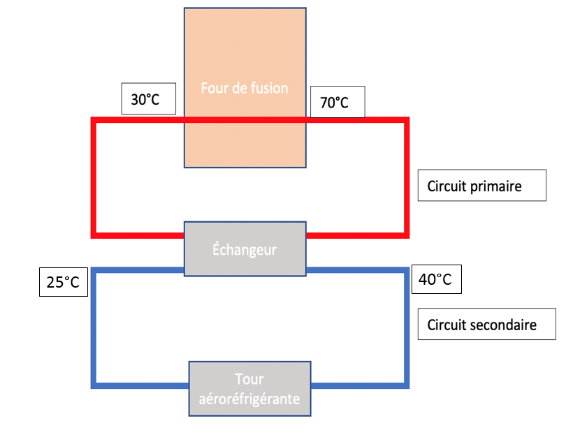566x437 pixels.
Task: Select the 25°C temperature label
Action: (63, 283)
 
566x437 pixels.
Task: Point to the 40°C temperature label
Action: (437, 280)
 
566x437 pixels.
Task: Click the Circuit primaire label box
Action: (481, 186)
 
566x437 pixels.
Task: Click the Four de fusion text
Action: (244, 89)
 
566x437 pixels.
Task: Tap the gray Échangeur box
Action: (245, 249)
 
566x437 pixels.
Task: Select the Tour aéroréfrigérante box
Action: (249, 389)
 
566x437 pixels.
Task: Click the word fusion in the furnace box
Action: (270, 89)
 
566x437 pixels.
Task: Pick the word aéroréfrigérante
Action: (249, 399)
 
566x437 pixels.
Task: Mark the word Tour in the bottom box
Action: (249, 380)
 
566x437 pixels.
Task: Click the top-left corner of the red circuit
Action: (94, 121)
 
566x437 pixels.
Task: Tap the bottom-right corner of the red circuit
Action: (405, 233)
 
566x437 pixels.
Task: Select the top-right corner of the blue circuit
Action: (405, 270)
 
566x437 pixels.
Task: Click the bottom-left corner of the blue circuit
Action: (94, 384)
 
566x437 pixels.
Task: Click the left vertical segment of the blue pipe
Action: (94, 327)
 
